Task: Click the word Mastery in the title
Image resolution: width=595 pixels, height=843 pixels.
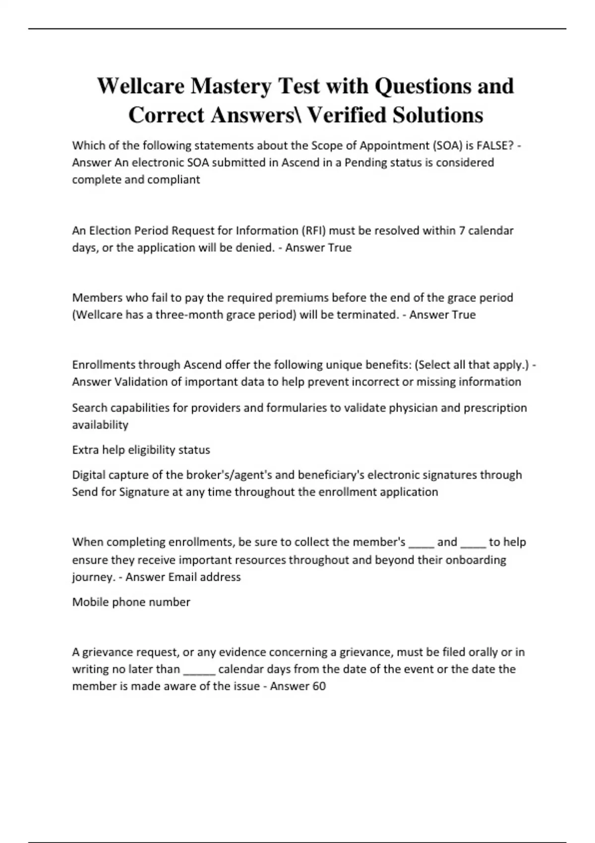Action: [231, 86]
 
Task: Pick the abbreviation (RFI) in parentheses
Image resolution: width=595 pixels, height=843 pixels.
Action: [313, 231]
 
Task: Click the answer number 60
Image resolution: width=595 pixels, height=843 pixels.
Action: [319, 686]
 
